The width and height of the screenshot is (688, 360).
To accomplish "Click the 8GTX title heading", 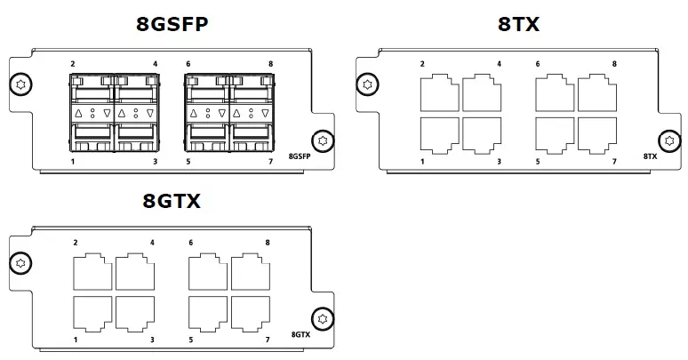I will [172, 201].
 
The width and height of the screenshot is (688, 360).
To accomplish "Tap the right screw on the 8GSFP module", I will [324, 140].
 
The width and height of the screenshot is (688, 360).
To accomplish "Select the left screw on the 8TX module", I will [366, 85].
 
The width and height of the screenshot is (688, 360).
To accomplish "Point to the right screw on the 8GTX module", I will [324, 317].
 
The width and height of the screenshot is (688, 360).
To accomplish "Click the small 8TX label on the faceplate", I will [650, 156].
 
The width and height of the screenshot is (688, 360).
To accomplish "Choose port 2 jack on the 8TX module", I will [437, 92].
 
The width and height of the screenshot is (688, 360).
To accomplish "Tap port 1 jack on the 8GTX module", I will [92, 312].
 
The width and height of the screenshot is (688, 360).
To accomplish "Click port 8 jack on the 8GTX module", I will [252, 270].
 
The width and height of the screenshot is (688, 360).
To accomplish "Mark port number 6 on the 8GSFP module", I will [188, 64].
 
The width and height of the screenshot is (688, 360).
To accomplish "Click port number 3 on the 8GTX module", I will [152, 340].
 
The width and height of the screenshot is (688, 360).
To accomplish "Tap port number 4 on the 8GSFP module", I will [156, 64].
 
